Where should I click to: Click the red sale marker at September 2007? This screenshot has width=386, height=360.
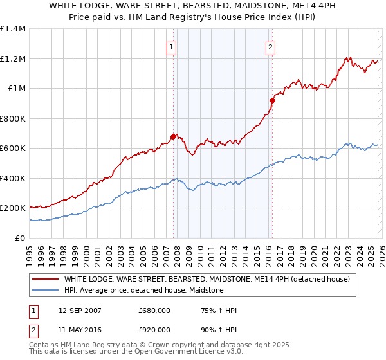pos(173,136)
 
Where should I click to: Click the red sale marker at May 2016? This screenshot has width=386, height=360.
pos(272,100)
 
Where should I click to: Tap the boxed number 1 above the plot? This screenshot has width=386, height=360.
pos(172,46)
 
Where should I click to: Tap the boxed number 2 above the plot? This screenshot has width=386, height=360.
pos(270,46)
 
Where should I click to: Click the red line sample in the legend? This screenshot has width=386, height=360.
pos(45,279)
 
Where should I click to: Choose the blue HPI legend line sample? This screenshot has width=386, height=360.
pos(45,290)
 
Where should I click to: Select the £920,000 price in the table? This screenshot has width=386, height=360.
pos(154,330)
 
